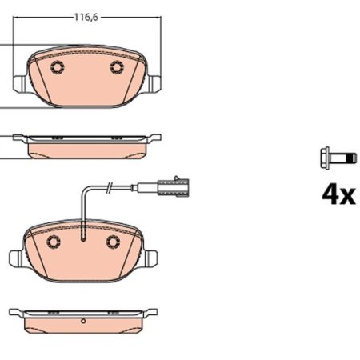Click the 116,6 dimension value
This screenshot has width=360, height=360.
[86, 17]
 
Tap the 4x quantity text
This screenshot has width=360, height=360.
[338, 195]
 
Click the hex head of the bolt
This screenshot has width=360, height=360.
[325, 158]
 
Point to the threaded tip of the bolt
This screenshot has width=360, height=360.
[353, 158]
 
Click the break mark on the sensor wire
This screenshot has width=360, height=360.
[109, 186]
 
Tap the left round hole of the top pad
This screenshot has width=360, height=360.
[58, 67]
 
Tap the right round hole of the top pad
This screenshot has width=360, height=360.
[117, 67]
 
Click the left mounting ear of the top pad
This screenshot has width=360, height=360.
[20, 84]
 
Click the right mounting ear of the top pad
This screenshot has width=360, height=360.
[154, 84]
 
